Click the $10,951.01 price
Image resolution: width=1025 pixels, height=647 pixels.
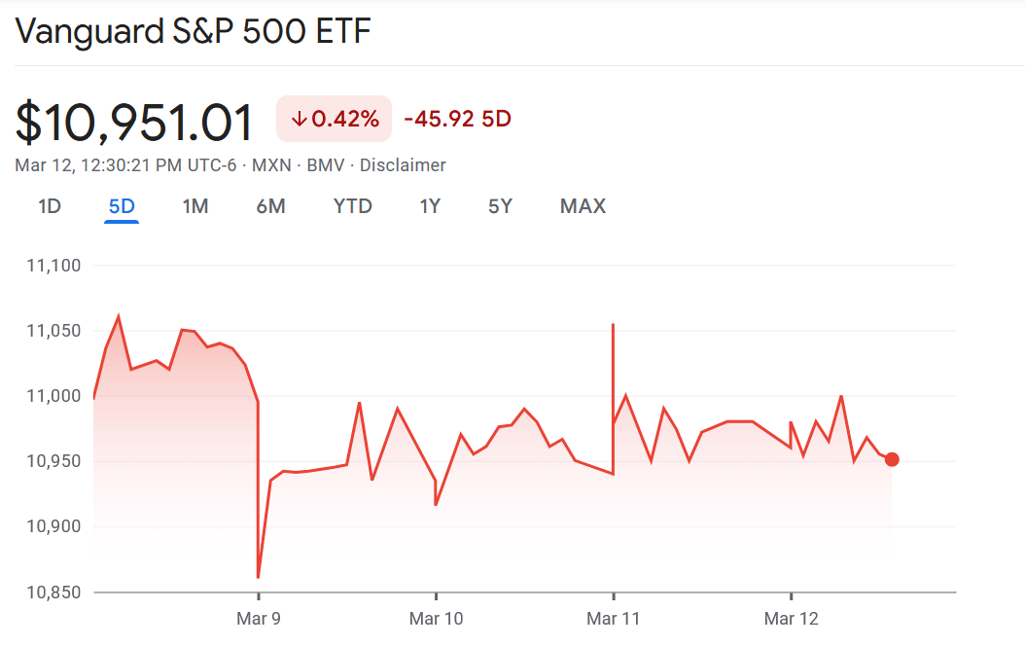pyautogui.click(x=134, y=123)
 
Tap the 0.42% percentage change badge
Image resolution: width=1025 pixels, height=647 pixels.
pyautogui.click(x=335, y=119)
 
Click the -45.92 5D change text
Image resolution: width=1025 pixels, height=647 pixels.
pyautogui.click(x=457, y=119)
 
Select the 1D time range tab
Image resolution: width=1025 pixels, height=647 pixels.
pyautogui.click(x=49, y=206)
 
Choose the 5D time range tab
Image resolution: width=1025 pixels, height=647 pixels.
pyautogui.click(x=122, y=206)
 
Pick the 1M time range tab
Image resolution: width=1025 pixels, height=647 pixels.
pyautogui.click(x=195, y=206)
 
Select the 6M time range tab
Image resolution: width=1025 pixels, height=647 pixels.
pyautogui.click(x=270, y=206)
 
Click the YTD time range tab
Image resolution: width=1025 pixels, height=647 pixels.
pyautogui.click(x=352, y=206)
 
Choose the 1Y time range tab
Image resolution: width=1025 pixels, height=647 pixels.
pyautogui.click(x=430, y=206)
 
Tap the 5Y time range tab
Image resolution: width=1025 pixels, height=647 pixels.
pyautogui.click(x=500, y=206)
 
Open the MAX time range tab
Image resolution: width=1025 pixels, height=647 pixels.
pyautogui.click(x=583, y=206)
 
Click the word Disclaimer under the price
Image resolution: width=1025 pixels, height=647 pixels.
pyautogui.click(x=403, y=165)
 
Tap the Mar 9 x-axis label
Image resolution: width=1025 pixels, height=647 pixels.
pyautogui.click(x=258, y=619)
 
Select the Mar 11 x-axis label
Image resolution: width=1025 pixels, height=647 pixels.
pyautogui.click(x=614, y=619)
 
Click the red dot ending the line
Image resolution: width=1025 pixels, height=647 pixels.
pyautogui.click(x=892, y=459)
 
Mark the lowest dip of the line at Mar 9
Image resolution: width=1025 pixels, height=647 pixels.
pyautogui.click(x=258, y=578)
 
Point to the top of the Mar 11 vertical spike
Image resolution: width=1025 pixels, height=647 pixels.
pyautogui.click(x=613, y=325)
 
